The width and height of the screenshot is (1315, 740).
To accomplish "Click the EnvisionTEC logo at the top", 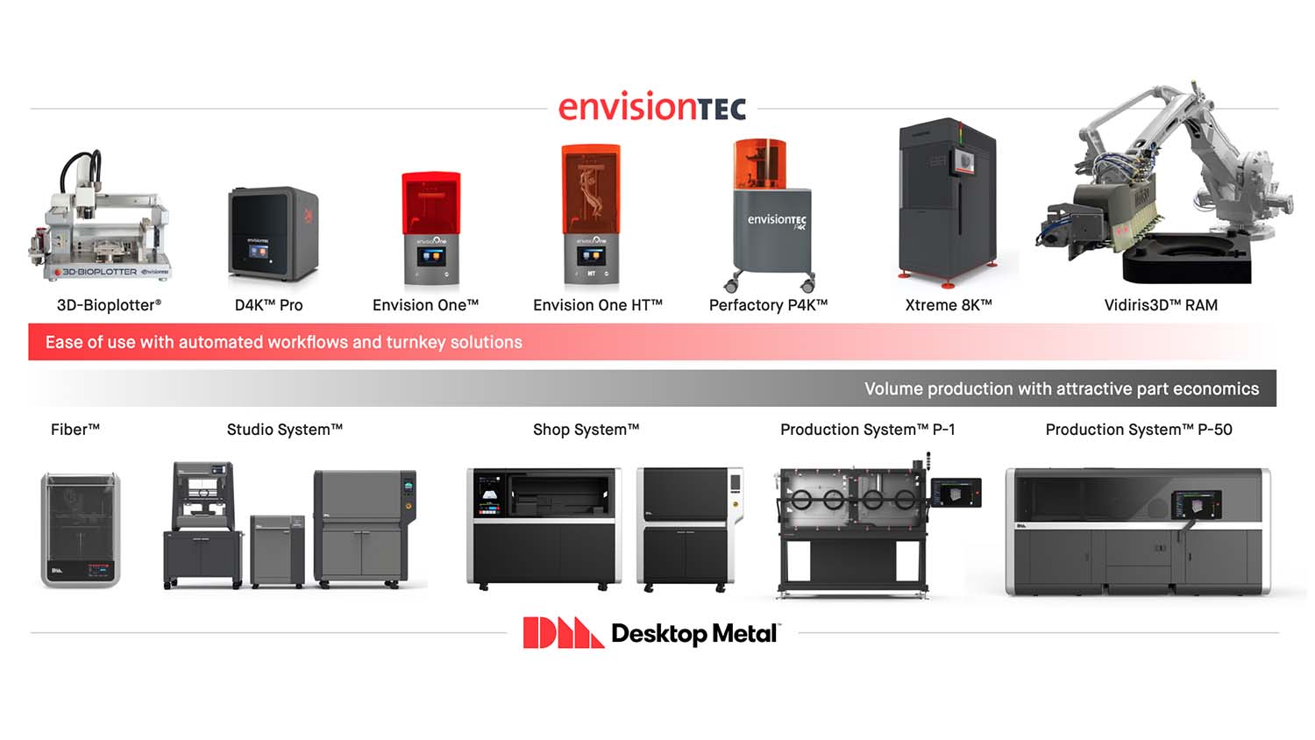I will click(652, 107).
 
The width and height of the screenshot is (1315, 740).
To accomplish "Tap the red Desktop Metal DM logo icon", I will click(562, 632).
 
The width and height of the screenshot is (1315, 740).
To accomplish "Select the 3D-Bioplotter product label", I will click(109, 305).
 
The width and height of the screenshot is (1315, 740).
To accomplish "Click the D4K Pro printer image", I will click(273, 232).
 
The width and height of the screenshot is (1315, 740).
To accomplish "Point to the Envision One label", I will click(425, 305).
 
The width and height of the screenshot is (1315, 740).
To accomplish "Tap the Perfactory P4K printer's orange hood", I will click(759, 163).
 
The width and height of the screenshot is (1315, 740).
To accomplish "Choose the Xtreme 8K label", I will click(948, 305).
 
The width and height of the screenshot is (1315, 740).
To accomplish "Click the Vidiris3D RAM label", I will click(1160, 305).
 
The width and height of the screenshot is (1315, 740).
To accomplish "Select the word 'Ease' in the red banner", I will click(64, 342).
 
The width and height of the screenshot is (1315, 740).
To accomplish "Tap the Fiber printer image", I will click(80, 530).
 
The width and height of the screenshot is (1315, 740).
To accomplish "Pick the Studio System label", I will click(284, 430).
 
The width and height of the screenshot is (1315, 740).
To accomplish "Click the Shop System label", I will click(586, 430).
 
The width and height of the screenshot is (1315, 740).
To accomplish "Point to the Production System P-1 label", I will click(867, 430).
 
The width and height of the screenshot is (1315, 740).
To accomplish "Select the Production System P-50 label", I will click(1138, 430).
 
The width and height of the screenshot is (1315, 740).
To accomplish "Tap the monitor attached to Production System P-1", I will click(956, 493).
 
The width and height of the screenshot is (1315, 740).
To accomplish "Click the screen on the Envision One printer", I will click(430, 257).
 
